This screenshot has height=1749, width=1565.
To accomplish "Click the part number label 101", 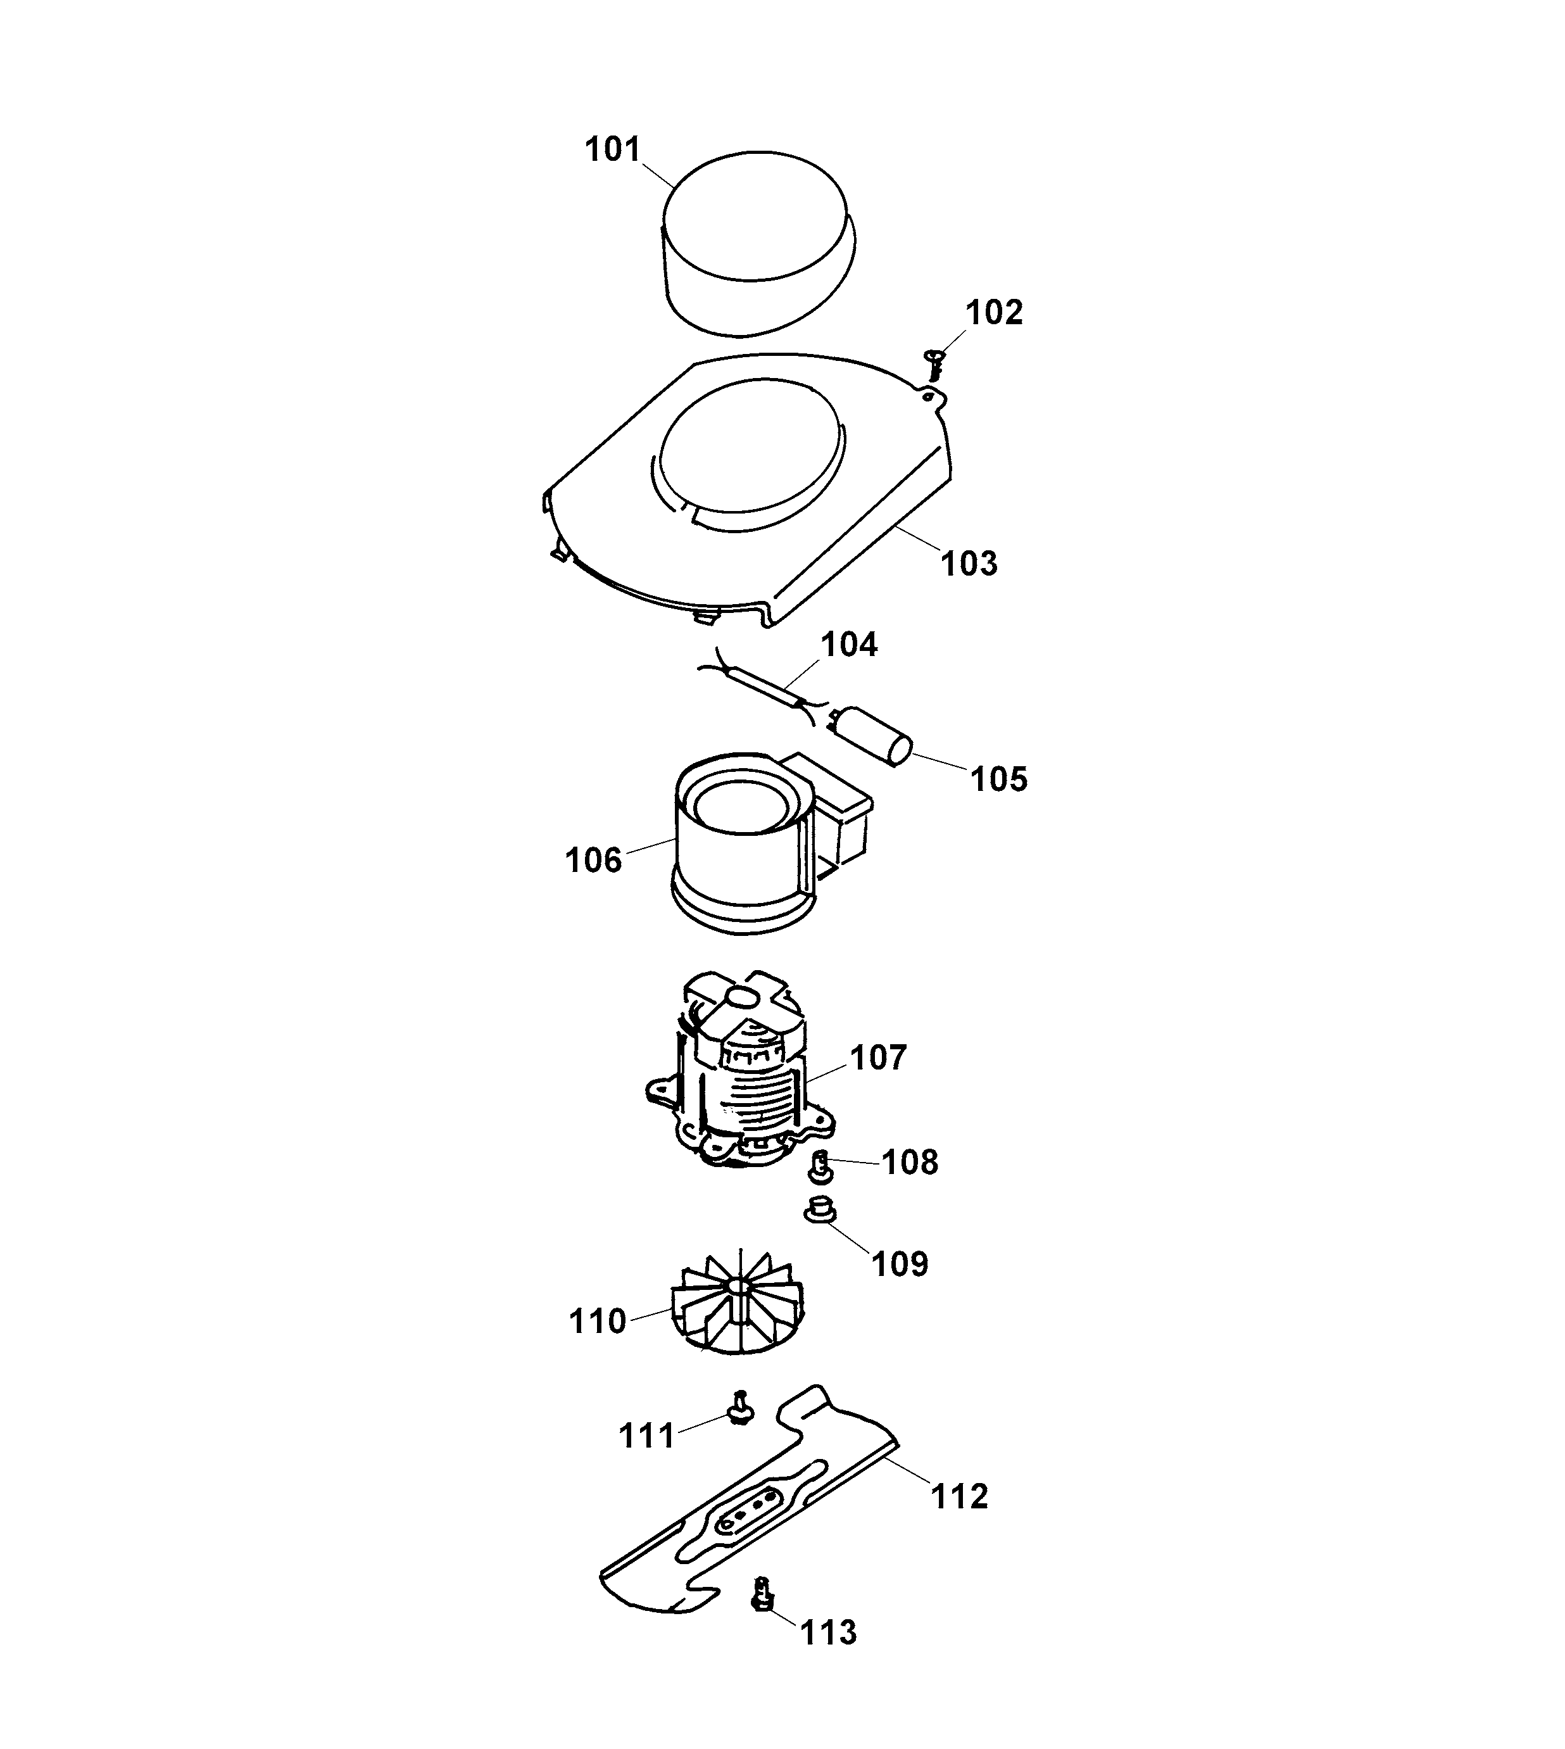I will [x=612, y=149].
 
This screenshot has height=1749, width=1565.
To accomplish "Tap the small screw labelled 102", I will [x=934, y=363].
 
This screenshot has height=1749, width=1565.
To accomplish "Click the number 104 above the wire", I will [x=849, y=644].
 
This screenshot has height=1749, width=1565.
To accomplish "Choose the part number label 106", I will [x=593, y=860].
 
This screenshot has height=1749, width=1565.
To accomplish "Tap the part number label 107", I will [x=878, y=1058].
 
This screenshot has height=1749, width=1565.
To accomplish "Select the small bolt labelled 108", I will [x=820, y=1168].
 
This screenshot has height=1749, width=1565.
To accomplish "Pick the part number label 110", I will [x=597, y=1321].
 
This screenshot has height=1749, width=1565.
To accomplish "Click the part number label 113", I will [x=828, y=1632].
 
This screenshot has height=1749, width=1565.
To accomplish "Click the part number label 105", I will [x=998, y=779].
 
